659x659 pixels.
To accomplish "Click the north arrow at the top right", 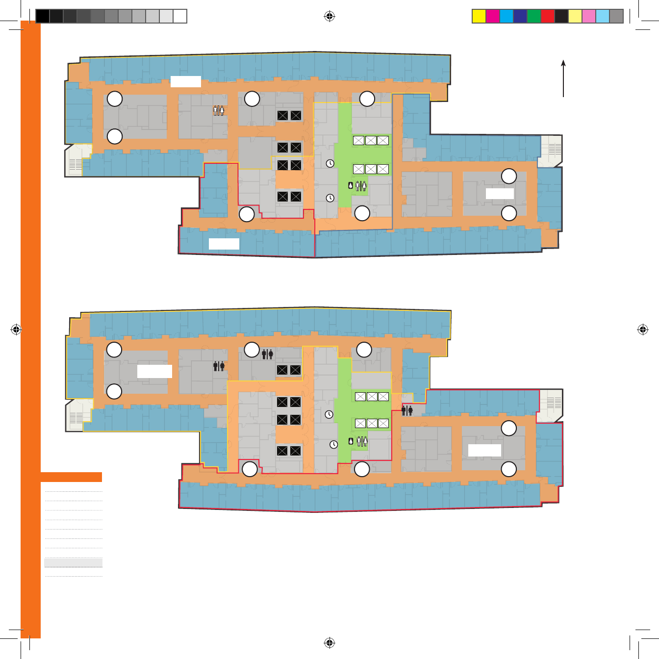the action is pyautogui.click(x=563, y=78).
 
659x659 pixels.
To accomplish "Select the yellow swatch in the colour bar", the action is pyautogui.click(x=479, y=16).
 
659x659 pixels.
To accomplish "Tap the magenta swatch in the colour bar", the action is pyautogui.click(x=492, y=16).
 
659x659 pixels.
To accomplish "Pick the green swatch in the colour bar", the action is pyautogui.click(x=533, y=16).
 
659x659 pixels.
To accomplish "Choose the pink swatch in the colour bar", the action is pyautogui.click(x=588, y=16).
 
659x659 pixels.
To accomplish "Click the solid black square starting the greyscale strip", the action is pyautogui.click(x=43, y=16).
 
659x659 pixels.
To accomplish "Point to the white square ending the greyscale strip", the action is pyautogui.click(x=180, y=16).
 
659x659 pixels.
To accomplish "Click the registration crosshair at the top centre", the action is pyautogui.click(x=329, y=17).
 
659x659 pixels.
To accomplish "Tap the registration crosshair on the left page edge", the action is pyautogui.click(x=16, y=329).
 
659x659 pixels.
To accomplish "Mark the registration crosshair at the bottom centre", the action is pyautogui.click(x=329, y=642).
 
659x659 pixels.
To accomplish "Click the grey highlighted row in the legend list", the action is pyautogui.click(x=74, y=562).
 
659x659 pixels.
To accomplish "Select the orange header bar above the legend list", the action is pyautogui.click(x=71, y=477).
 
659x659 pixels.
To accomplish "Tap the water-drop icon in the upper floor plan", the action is pyautogui.click(x=351, y=186).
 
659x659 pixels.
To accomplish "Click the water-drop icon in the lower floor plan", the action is pyautogui.click(x=351, y=441).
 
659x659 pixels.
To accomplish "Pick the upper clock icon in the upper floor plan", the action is pyautogui.click(x=330, y=163).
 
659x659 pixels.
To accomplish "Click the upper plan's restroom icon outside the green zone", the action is pyautogui.click(x=219, y=110).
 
